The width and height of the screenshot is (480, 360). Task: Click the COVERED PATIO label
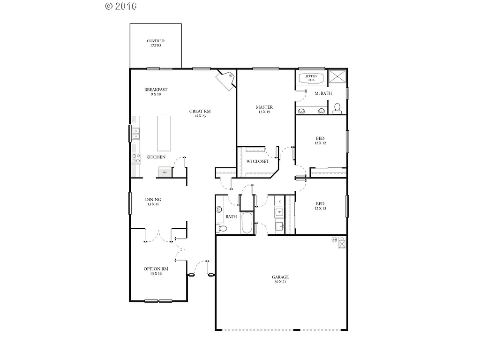156,43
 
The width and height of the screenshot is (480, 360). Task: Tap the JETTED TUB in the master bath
311,78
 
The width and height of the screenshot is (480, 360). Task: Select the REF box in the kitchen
164,172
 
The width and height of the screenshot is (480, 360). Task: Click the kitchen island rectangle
164,133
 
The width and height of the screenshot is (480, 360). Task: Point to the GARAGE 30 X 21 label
281,279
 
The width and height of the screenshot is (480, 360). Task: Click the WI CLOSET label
258,161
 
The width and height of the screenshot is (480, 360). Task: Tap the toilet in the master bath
337,109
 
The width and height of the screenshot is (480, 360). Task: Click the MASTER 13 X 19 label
264,109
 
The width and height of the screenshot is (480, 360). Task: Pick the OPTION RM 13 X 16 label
156,271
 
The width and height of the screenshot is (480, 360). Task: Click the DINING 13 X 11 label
153,202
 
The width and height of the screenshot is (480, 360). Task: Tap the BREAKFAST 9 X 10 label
156,92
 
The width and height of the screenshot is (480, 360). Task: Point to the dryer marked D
280,202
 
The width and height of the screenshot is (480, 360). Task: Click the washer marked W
279,212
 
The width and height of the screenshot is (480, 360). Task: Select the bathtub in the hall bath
247,223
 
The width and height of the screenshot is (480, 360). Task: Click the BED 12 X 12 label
320,141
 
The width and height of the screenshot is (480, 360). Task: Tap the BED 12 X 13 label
320,206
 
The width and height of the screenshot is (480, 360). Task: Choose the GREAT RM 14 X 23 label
200,113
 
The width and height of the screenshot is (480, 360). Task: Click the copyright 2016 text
121,6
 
